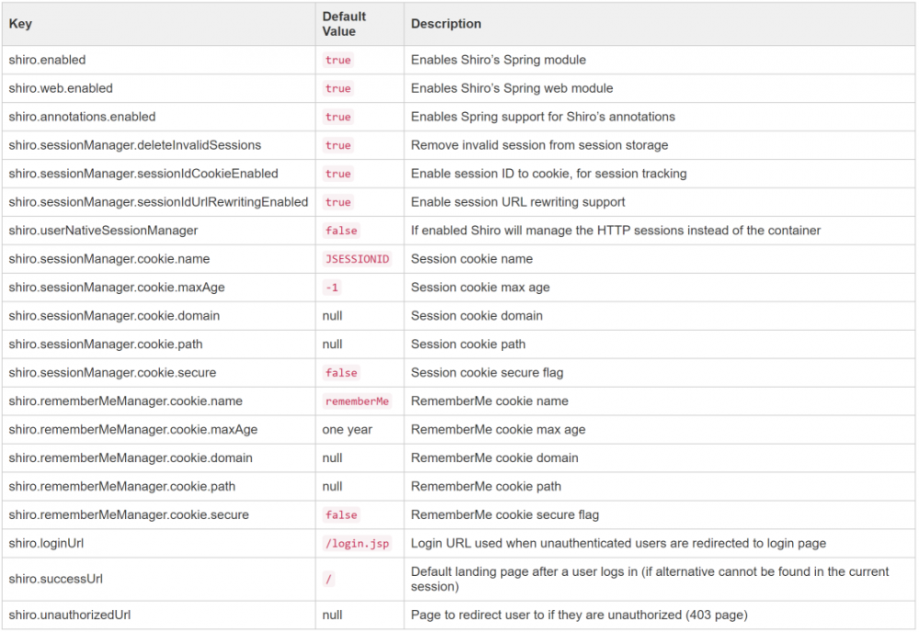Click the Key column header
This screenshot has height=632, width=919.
pos(20,24)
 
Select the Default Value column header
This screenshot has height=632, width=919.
pos(345,24)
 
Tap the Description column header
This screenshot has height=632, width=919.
pos(446,24)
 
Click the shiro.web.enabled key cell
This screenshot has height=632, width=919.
pos(61,88)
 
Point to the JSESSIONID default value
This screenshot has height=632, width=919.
pos(357,259)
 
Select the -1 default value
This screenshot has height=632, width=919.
pos(332,288)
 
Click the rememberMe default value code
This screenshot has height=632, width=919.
pos(357,401)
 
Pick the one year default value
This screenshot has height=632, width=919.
pos(347,430)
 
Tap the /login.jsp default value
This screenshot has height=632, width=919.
pos(357,544)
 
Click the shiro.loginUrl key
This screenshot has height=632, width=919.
pos(47,544)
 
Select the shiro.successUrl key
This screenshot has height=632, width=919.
pos(56,580)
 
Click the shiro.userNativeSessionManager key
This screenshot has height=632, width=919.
pos(103,231)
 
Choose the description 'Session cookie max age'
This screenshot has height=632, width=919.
pos(480,288)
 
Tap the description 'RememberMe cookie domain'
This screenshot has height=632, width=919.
pos(494,458)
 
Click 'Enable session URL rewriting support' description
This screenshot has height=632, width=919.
pos(517,202)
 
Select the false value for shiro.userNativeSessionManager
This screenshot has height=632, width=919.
pos(341,231)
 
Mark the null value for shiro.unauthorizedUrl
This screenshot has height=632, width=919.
pos(333,615)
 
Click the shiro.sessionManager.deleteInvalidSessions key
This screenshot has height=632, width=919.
pos(135,145)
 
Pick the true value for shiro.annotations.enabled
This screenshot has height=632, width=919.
pos(338,117)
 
